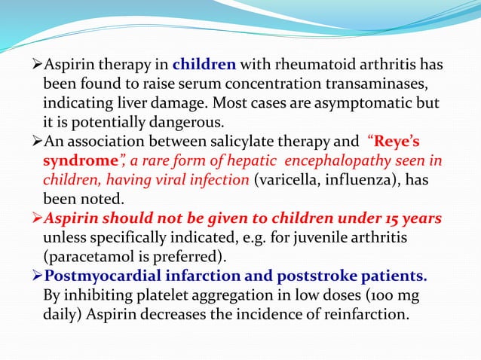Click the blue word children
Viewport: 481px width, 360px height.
pyautogui.click(x=204, y=64)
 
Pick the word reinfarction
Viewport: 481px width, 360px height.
pyautogui.click(x=363, y=313)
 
